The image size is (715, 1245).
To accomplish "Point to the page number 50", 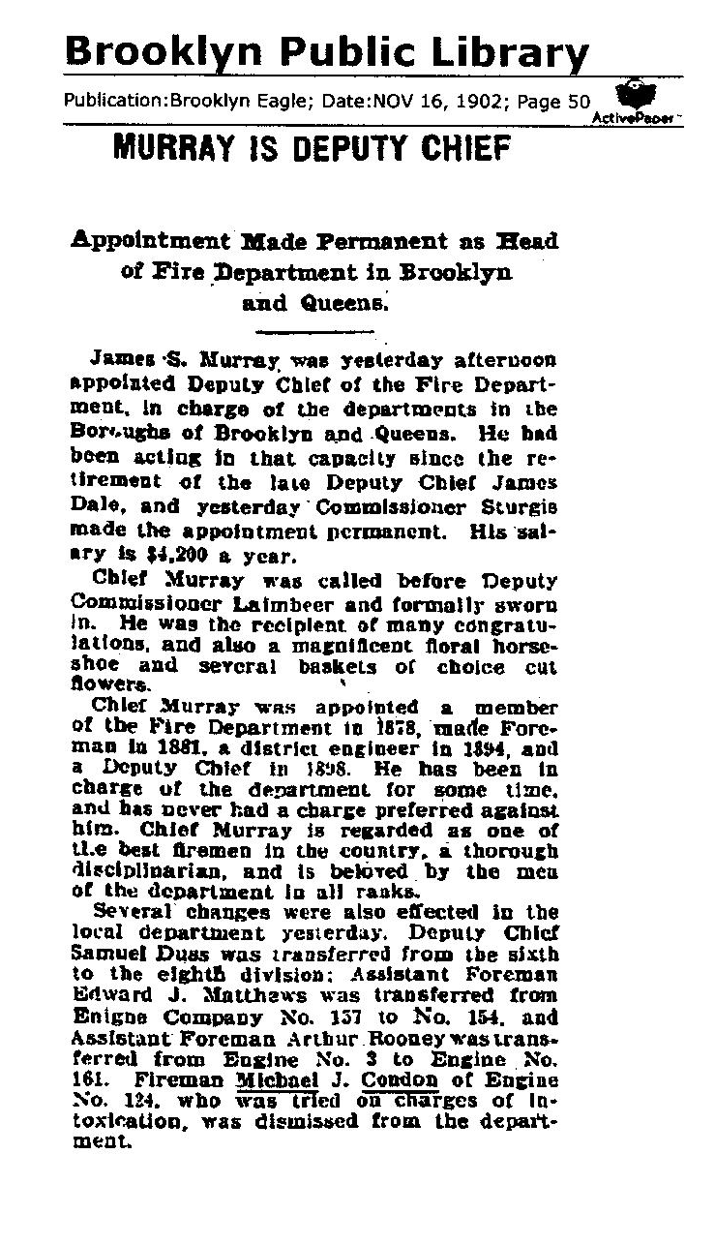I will pos(579,100).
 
